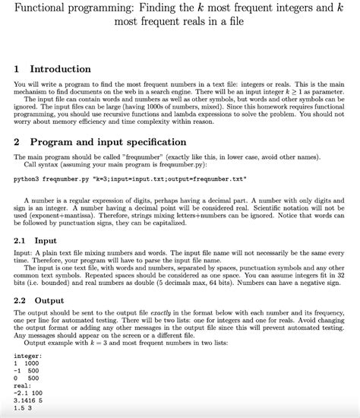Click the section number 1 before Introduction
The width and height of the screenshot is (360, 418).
click(x=17, y=69)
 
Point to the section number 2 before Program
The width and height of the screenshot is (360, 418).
click(x=17, y=141)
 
